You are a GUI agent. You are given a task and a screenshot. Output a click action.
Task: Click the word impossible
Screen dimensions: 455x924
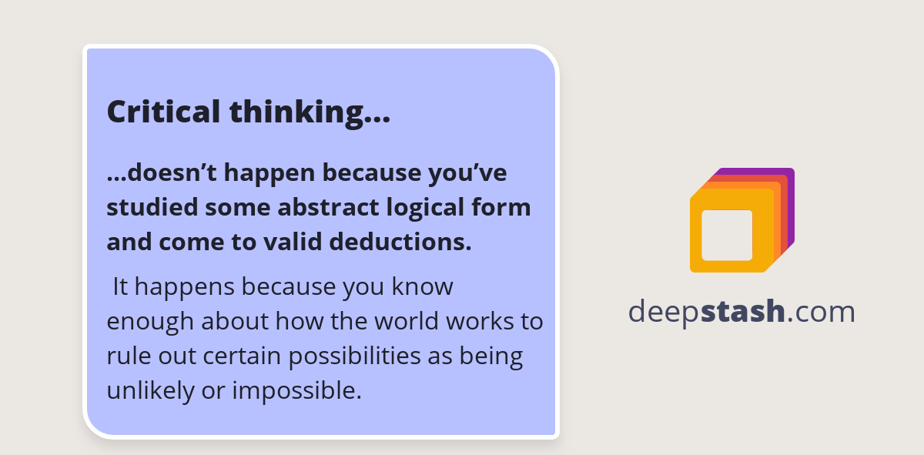coord(296,390)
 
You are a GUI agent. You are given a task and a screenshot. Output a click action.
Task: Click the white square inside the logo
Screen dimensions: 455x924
coord(727,235)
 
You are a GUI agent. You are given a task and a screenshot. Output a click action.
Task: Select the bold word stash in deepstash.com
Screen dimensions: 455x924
coord(743,312)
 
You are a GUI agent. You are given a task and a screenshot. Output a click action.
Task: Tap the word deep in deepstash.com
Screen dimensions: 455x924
coord(664,312)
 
